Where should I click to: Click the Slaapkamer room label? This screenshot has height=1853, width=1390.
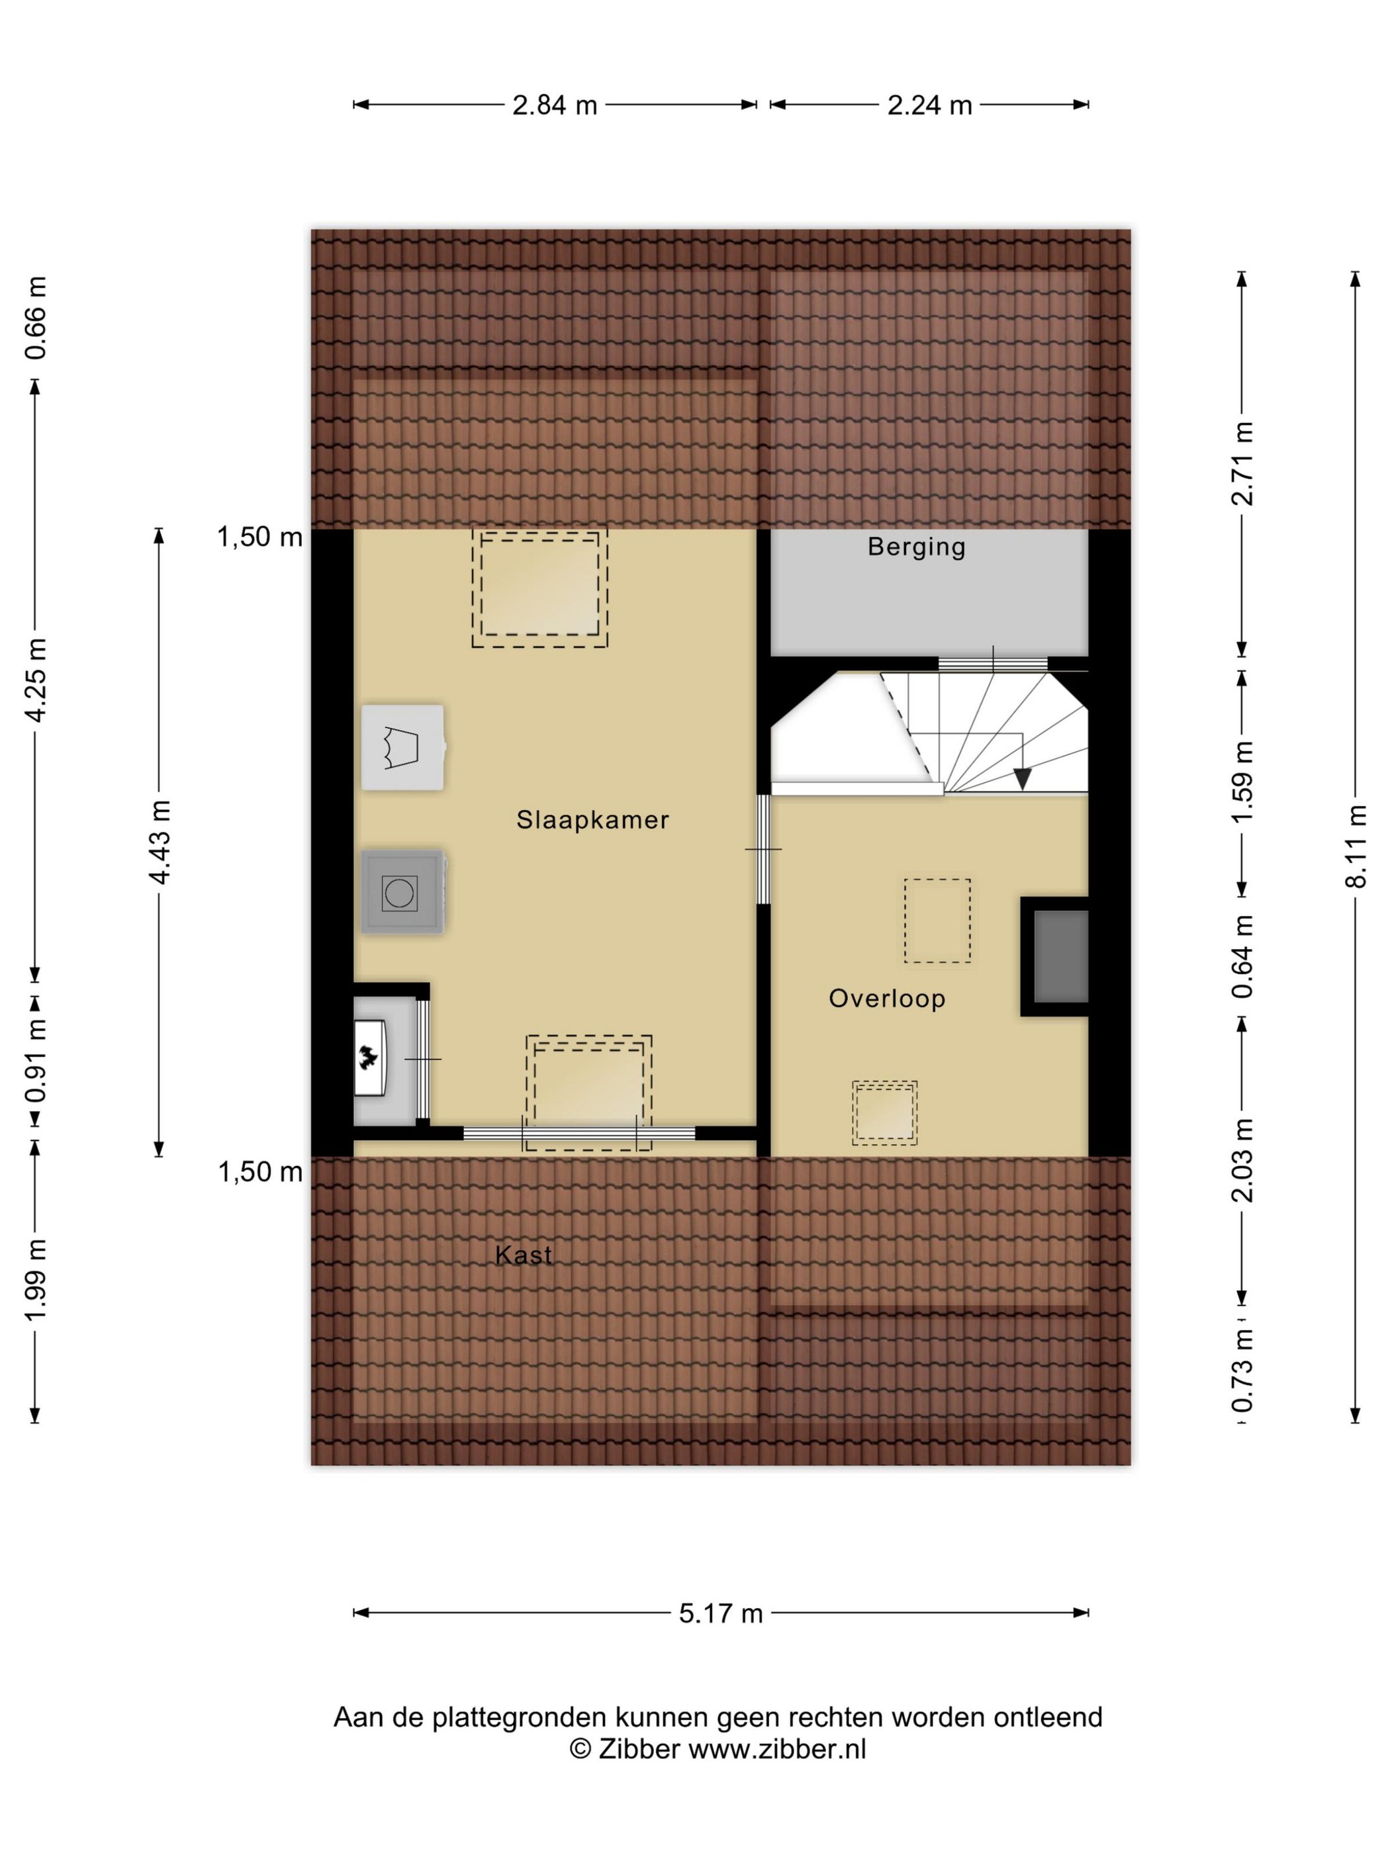[x=592, y=819]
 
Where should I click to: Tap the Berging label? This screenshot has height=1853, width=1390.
[x=917, y=547]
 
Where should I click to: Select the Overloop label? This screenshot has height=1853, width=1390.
[x=888, y=998]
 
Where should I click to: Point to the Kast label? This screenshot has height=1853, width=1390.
[x=524, y=1254]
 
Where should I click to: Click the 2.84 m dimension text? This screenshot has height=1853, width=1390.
[x=555, y=105]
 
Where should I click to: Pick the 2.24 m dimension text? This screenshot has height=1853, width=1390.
[x=929, y=105]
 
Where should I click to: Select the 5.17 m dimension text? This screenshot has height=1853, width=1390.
[x=721, y=1613]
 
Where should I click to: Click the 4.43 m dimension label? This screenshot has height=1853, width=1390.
[x=160, y=842]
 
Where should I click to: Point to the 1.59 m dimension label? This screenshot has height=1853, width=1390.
[x=1242, y=781]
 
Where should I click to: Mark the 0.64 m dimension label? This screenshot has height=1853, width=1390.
[x=1242, y=956]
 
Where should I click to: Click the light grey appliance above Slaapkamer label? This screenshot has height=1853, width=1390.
[x=402, y=747]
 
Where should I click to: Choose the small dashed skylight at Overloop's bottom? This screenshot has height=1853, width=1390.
[x=885, y=1112]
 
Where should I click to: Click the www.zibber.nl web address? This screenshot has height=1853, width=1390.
[x=776, y=1750]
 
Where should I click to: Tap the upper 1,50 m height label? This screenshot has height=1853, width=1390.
[x=259, y=536]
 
